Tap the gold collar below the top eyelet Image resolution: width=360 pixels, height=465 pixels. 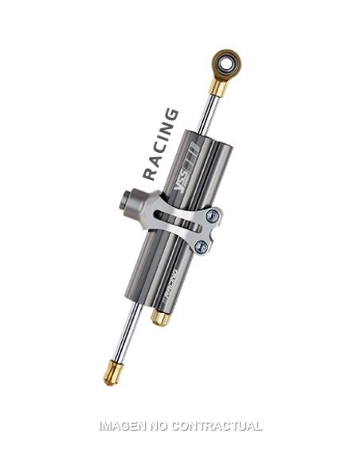click(217, 86)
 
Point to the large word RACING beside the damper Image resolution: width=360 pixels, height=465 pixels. click(160, 144)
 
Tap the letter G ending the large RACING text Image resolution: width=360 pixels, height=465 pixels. click(170, 115)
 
